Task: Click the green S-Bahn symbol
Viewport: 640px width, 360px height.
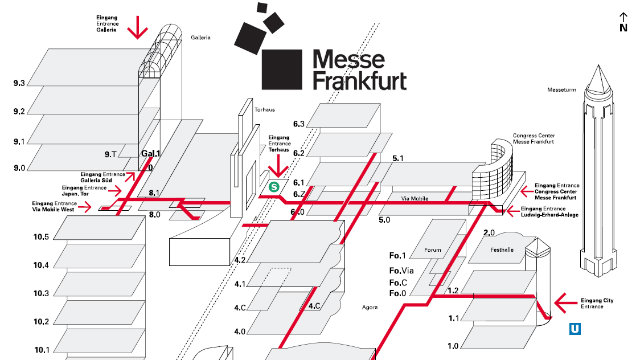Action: (x=272, y=185)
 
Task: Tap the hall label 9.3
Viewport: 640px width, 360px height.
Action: (x=19, y=83)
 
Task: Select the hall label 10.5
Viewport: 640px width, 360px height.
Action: (x=40, y=237)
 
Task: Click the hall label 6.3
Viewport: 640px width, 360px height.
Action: (x=298, y=123)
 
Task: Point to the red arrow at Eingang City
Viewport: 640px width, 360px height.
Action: (x=571, y=300)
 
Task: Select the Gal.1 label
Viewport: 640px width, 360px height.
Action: (x=151, y=153)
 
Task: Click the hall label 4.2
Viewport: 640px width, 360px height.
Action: (x=240, y=260)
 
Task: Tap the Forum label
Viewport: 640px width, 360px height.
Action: (x=432, y=250)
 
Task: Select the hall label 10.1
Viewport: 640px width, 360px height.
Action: (x=40, y=350)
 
